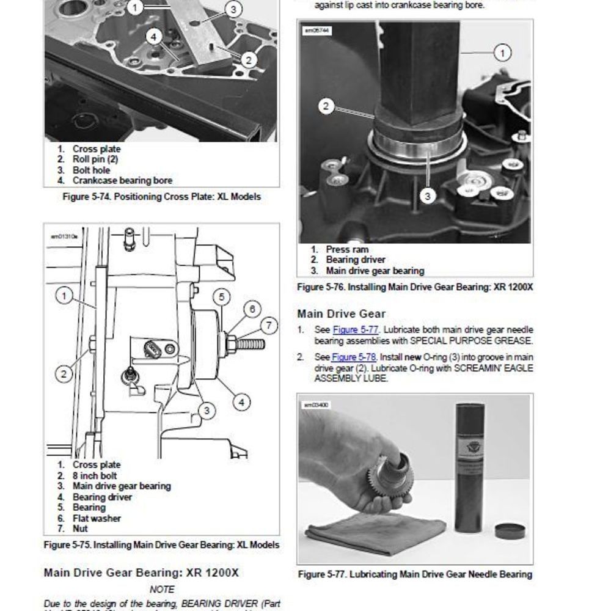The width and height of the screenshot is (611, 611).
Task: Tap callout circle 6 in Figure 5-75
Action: (252, 309)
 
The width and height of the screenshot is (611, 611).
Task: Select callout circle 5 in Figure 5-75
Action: (221, 298)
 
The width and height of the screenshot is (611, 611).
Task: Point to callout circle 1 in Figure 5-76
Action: (502, 53)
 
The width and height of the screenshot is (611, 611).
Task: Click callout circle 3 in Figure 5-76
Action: (428, 196)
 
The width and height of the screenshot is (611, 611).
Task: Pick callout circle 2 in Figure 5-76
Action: (326, 106)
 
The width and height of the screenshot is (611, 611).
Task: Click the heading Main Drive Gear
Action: (342, 313)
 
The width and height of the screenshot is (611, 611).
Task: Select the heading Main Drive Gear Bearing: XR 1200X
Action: (141, 573)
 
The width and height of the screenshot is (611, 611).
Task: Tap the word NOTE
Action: (161, 590)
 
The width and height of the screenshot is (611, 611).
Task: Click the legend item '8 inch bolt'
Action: (95, 475)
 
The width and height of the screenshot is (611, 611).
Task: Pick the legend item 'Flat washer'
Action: (97, 518)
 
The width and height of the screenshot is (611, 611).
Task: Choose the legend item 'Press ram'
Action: (347, 249)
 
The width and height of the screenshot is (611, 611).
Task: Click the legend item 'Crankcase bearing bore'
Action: (122, 180)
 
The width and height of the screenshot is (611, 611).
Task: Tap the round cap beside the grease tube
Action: (510, 530)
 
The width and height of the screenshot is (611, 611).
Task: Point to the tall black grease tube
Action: (470, 464)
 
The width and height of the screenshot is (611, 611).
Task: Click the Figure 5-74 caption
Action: (161, 197)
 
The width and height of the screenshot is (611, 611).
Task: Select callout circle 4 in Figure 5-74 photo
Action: (154, 37)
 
